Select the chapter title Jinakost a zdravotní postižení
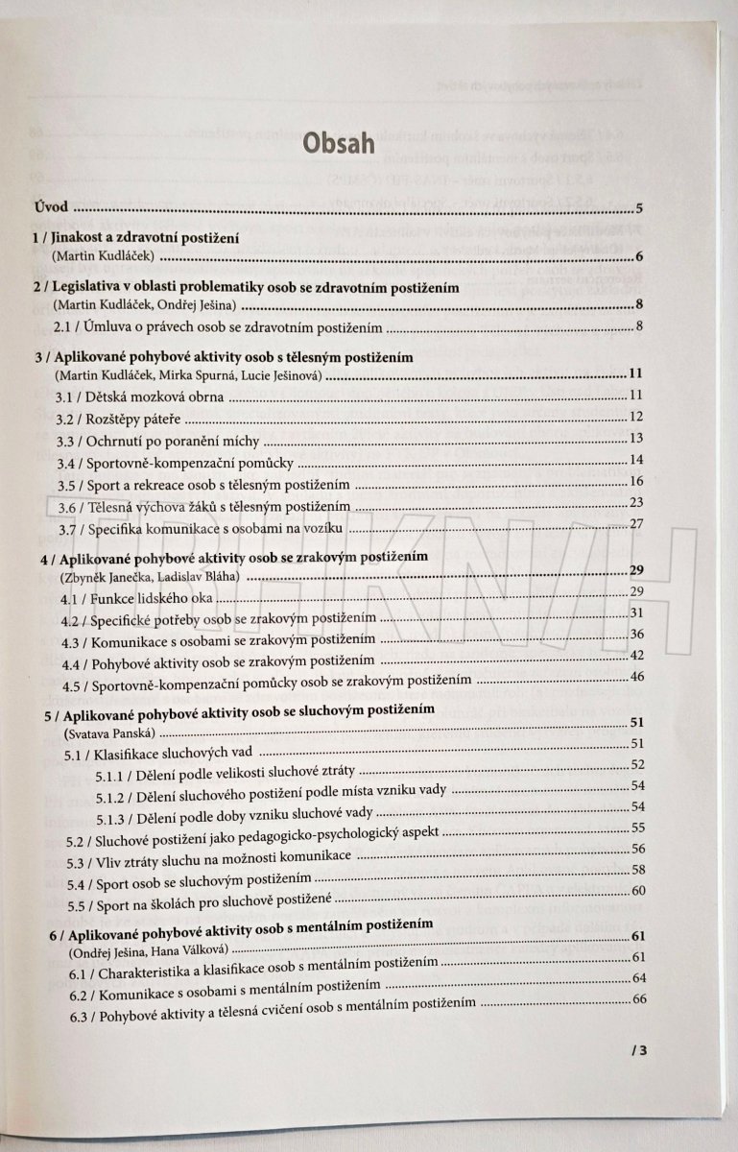click(138, 236)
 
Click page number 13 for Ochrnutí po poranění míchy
click(635, 438)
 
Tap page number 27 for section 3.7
click(635, 524)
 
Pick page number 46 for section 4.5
click(637, 678)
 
